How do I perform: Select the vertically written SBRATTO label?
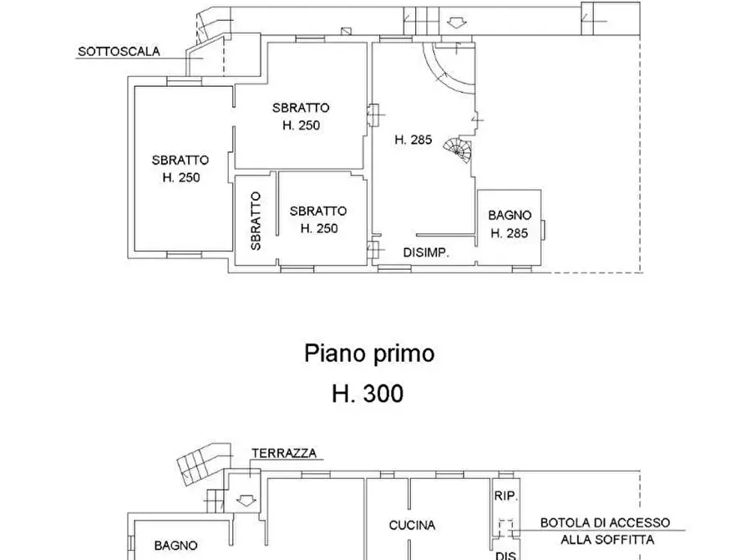coord(256,221)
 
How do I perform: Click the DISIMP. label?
coord(427,252)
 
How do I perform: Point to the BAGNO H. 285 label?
coord(509,224)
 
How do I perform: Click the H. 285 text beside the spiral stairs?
coord(413,140)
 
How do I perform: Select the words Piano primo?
coord(368,354)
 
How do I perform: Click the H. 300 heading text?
coord(368,393)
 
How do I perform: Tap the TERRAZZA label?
coord(284,453)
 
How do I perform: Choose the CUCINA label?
coord(412,525)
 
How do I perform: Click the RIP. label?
coord(506,496)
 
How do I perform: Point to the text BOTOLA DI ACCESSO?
coord(604,522)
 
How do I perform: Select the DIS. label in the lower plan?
coord(506,553)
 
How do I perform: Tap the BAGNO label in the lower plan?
coord(175,545)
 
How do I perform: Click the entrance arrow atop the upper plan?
coord(455,21)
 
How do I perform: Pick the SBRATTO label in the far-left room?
coord(180,168)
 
